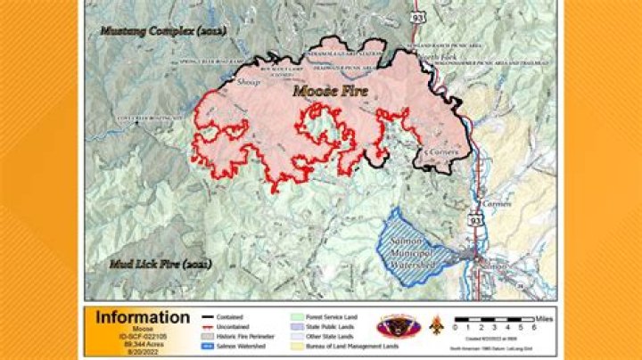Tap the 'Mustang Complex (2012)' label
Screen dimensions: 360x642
click(x=163, y=31)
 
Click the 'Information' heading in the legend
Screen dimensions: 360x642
click(x=143, y=317)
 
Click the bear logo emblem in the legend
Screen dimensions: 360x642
click(x=393, y=326)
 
